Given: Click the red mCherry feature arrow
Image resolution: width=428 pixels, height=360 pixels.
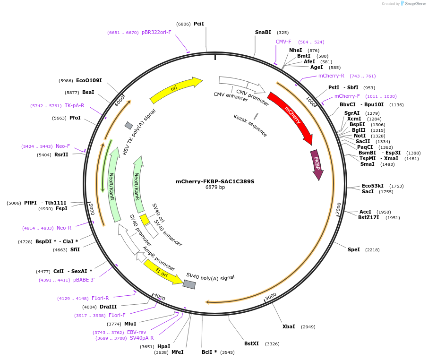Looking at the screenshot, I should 291,115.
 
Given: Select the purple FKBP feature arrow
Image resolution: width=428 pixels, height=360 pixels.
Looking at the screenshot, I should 317,164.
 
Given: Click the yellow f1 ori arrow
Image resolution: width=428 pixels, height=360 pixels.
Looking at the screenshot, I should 163,273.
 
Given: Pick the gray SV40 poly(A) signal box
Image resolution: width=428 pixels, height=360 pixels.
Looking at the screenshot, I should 189,284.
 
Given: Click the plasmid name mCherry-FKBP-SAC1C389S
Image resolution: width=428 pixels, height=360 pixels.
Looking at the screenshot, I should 215,181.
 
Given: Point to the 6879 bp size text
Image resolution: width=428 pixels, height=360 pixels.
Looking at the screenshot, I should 215,188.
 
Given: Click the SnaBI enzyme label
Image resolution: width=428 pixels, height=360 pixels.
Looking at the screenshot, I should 263,33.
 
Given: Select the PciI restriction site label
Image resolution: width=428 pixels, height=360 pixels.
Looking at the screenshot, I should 199,24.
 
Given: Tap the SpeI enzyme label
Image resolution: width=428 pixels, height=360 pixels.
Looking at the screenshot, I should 354,249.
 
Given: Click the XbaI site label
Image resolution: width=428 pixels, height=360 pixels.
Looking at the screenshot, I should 289,326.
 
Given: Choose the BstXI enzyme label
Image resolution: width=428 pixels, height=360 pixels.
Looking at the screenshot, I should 251,343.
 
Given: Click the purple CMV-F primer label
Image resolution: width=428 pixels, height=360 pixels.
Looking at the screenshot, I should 283,42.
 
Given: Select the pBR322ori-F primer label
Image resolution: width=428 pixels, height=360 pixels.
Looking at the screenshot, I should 156,33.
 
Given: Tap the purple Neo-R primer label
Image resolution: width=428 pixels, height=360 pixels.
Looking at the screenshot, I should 64,228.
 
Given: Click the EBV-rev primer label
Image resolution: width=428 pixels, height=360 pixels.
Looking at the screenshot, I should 137,332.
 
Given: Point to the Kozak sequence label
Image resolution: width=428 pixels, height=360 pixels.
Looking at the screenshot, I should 250,126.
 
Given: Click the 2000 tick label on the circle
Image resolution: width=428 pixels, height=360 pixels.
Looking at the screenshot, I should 338,208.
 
